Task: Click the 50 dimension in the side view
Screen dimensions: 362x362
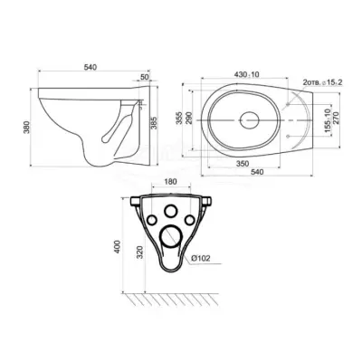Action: (145, 77)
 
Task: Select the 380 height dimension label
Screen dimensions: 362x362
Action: (27, 128)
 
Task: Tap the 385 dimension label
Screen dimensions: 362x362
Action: (154, 123)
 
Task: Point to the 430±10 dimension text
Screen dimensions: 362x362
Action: (247, 74)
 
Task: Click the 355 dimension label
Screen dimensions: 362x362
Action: (180, 118)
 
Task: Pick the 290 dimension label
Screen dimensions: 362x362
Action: (188, 118)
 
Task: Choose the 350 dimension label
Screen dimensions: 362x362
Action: (243, 164)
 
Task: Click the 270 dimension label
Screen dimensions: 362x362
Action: (337, 118)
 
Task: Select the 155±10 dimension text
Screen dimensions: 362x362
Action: (328, 119)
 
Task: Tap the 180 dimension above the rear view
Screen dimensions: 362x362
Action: (171, 182)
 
